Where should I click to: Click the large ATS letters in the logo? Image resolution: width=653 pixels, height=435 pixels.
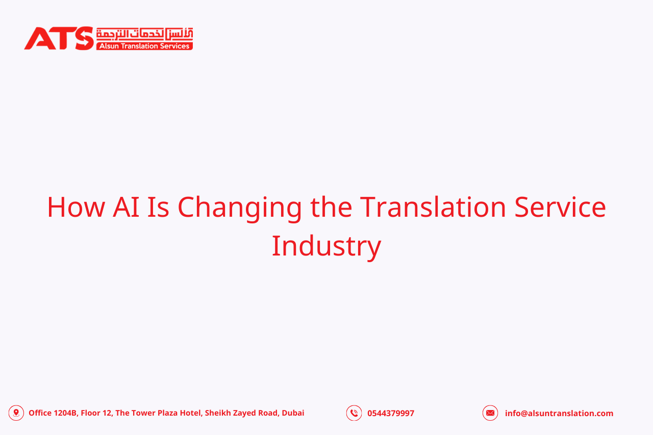coord(59,38)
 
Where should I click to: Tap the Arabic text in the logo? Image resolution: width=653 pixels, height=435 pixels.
coord(144,34)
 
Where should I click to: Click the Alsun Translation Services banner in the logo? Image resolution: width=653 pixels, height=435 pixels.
coord(144,46)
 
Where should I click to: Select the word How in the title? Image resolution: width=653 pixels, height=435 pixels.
coord(76,207)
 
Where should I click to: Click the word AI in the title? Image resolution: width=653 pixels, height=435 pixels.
coord(126,207)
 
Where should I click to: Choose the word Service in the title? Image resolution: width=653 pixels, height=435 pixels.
coord(560,207)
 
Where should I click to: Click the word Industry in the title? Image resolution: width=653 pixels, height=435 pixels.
coord(326,246)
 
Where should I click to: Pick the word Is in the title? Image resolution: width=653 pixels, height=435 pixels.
coord(158,207)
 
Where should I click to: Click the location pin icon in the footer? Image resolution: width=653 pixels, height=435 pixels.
coord(16,413)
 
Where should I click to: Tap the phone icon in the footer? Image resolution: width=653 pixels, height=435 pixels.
coord(354,413)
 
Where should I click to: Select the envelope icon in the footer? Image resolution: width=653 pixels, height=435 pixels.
coord(490,413)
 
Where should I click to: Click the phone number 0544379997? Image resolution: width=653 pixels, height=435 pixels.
coord(391,414)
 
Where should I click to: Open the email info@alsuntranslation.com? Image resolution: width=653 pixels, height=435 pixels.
coord(559,414)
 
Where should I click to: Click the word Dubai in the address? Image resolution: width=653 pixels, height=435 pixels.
coord(293,413)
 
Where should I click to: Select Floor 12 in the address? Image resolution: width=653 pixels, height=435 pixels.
coord(96,413)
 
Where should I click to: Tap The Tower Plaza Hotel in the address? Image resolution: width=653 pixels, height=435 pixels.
coord(158,413)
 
